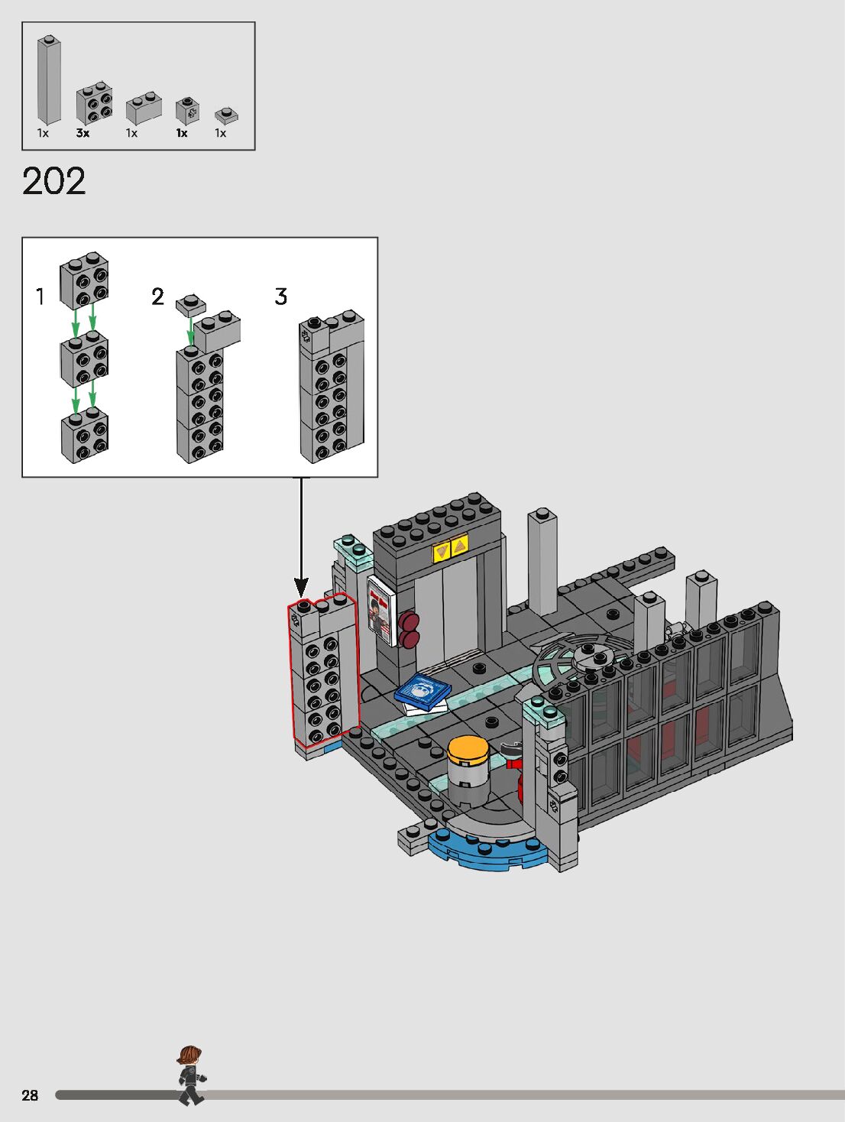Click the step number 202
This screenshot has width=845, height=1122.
53,181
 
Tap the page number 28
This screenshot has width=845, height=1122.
30,1094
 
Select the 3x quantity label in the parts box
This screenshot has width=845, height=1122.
83,133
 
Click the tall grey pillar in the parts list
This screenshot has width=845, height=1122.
49,79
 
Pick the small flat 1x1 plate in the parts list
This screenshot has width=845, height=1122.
226,115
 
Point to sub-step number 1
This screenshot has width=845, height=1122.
40,297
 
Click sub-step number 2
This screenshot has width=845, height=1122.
158,297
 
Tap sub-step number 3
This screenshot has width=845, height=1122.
281,297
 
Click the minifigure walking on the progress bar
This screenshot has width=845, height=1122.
192,1075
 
